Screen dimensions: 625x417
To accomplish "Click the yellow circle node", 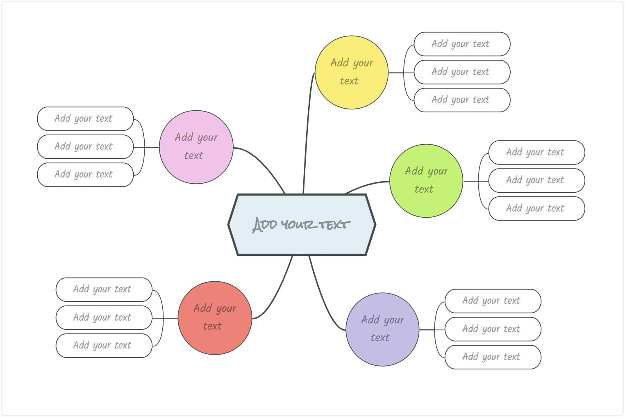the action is click(352, 72).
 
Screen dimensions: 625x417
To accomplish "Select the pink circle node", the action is click(196, 147).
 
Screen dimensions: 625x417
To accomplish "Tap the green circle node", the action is click(426, 181).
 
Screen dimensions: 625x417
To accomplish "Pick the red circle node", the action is click(215, 318).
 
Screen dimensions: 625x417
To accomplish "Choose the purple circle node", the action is click(382, 329).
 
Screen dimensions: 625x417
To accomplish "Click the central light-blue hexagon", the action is click(302, 224).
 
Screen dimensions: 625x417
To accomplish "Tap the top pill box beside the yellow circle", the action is click(462, 44).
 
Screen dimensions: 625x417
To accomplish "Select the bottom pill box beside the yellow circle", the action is click(462, 100).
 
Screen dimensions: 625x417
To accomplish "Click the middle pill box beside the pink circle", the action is click(85, 147).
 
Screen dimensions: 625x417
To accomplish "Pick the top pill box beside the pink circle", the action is click(85, 118).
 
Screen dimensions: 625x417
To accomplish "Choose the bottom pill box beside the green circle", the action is click(536, 208).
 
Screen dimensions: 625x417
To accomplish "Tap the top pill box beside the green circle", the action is click(536, 153).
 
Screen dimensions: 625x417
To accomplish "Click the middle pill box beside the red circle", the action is click(104, 318).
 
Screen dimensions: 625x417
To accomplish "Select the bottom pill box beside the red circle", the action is click(104, 346).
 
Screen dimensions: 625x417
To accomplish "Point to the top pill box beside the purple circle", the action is click(493, 301).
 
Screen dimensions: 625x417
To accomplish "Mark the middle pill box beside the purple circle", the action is click(493, 329).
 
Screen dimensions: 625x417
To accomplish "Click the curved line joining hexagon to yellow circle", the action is click(307, 131).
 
